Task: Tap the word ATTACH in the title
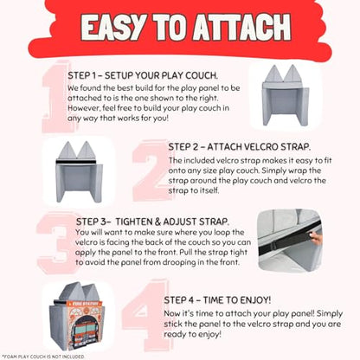pyautogui.click(x=241, y=27)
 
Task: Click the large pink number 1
pyautogui.click(x=55, y=97)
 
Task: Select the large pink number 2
pyautogui.click(x=150, y=170)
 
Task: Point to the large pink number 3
pyautogui.click(x=56, y=242)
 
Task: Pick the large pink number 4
pyautogui.click(x=145, y=314)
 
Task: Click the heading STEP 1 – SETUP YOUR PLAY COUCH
pyautogui.click(x=143, y=75)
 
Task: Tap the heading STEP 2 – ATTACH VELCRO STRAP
pyautogui.click(x=240, y=147)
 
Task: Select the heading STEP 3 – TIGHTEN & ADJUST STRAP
pyautogui.click(x=152, y=222)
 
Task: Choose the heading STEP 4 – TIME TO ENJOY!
pyautogui.click(x=217, y=300)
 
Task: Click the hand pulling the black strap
pyautogui.click(x=315, y=238)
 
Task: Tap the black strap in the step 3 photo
pyautogui.click(x=288, y=240)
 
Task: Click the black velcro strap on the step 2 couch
pyautogui.click(x=75, y=162)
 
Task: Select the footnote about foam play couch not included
pyautogui.click(x=43, y=357)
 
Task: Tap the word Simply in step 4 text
pyautogui.click(x=330, y=313)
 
